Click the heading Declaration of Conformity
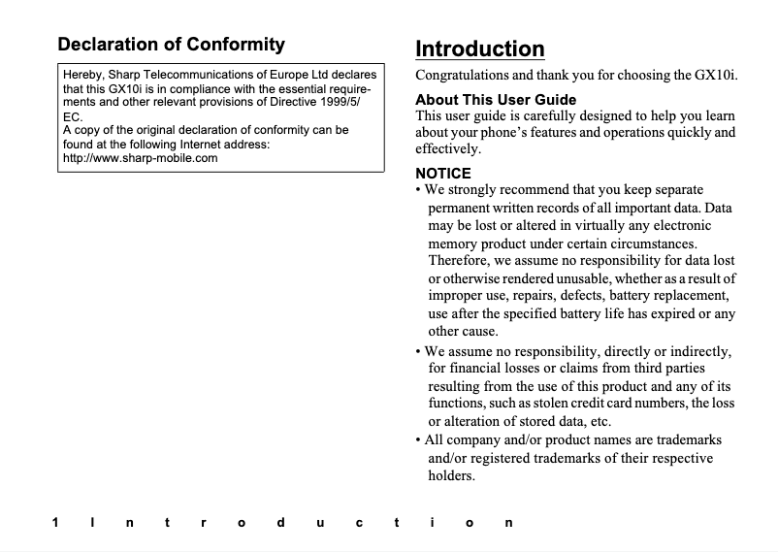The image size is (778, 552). tap(172, 44)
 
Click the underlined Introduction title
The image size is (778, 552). tap(479, 49)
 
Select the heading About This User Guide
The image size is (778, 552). tap(496, 100)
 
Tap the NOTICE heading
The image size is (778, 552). tap(442, 173)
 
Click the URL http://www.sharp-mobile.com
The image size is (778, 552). tap(140, 158)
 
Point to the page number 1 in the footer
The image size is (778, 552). tap(55, 523)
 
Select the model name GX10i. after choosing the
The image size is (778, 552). tap(717, 75)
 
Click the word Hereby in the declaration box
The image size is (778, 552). tap(82, 75)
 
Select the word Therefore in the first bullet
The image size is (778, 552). tap(461, 260)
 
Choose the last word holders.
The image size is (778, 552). tap(451, 475)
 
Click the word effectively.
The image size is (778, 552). tap(447, 149)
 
